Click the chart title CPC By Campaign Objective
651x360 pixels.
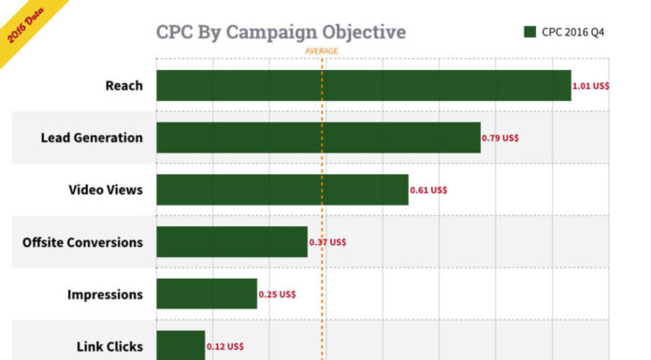tap(281, 33)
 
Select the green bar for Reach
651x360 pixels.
tap(363, 85)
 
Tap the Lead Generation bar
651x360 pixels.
tap(318, 137)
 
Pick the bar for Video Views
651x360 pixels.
tap(282, 190)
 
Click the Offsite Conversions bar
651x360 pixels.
tap(231, 242)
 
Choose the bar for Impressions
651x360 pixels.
tap(206, 294)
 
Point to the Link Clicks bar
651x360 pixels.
tap(180, 344)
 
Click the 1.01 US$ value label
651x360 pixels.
tap(591, 85)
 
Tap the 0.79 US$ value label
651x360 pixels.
tap(500, 137)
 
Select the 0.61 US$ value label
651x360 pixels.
tap(428, 190)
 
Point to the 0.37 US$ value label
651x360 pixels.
tap(327, 242)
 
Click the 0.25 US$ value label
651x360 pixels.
tap(277, 295)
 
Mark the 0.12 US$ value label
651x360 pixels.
tap(224, 346)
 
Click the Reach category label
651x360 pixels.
tap(123, 85)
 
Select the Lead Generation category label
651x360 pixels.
tap(92, 137)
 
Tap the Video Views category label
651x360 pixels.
tap(106, 190)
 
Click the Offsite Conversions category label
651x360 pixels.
tap(82, 242)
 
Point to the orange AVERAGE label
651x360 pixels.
tap(322, 50)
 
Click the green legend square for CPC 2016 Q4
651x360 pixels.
tap(529, 32)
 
